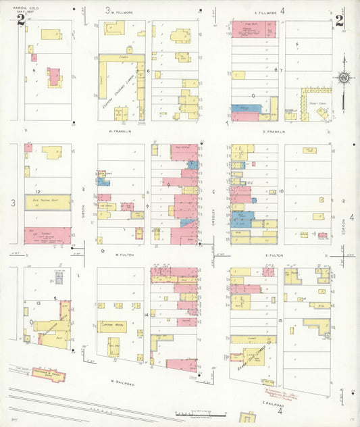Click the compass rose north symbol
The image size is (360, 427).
coord(344,79)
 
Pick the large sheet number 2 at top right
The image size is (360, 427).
coord(339,20)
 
